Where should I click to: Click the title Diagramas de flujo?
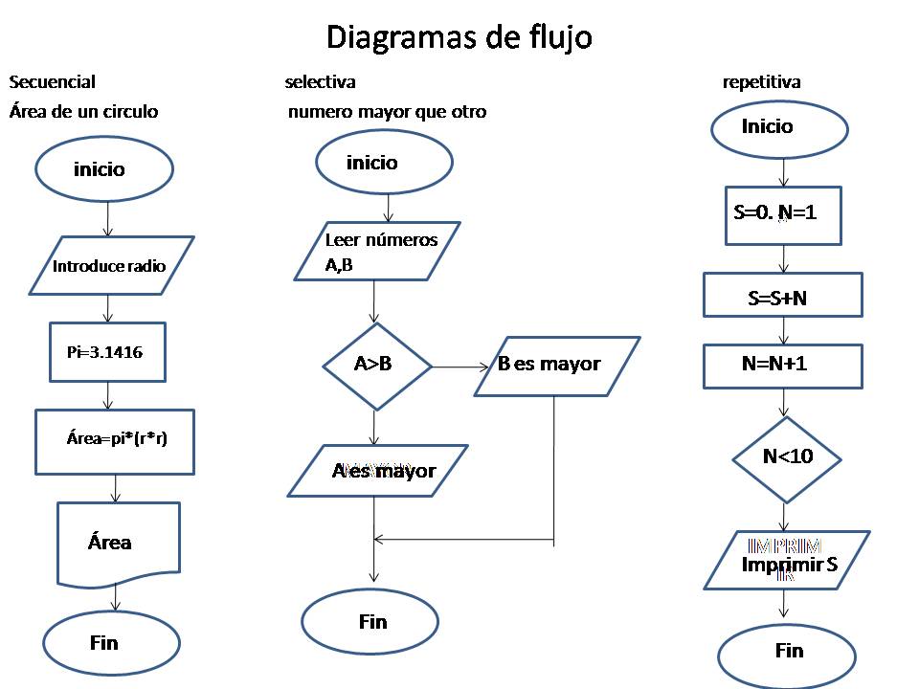point(459,37)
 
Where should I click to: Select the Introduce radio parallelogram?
point(110,266)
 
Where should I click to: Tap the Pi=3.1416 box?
point(107,352)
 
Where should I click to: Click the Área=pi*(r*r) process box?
point(115,440)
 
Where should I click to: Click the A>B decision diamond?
point(376,365)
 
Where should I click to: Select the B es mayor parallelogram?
point(556,365)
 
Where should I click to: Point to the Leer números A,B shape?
point(376,251)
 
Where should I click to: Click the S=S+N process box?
point(782,296)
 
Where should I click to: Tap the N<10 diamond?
point(787,458)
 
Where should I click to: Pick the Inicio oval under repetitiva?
point(779,127)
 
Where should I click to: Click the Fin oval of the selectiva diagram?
point(370,622)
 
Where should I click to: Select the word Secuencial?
point(52,82)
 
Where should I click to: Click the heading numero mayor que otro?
point(387,112)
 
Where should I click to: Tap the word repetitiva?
point(761,82)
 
